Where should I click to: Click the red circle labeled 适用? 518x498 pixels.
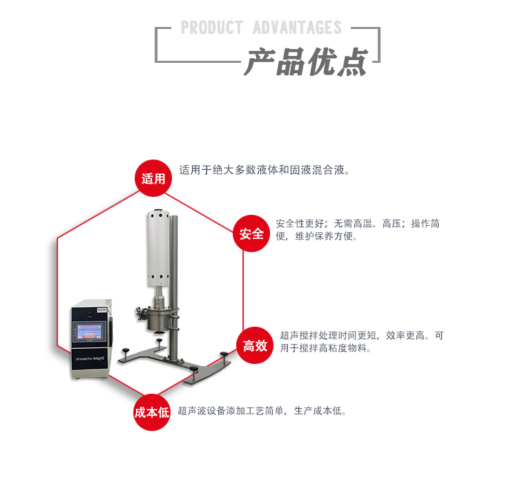point(153,179)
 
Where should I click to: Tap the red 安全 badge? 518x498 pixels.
point(251,234)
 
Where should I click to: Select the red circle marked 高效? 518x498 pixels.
point(255,345)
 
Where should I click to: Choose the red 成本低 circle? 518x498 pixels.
point(152,412)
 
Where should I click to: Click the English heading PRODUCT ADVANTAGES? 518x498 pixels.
point(261,28)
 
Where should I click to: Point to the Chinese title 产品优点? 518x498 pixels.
point(305,62)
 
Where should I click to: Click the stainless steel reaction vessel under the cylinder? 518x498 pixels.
point(161,318)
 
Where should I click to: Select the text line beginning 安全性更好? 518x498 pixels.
point(358,223)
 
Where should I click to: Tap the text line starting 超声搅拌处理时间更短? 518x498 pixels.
point(362,336)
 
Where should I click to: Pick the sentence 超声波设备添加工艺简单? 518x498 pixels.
point(262,411)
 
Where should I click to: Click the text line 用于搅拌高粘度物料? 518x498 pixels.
point(326,349)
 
